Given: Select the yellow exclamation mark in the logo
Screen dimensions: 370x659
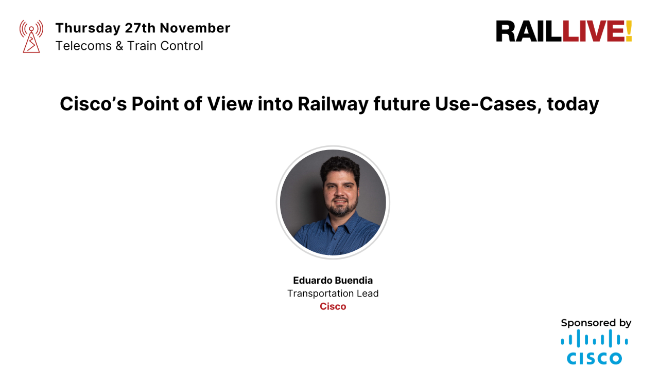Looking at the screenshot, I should (x=628, y=32).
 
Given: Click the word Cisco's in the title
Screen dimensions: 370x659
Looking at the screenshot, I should (x=93, y=104).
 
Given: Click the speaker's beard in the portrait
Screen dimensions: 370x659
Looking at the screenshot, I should (x=340, y=208).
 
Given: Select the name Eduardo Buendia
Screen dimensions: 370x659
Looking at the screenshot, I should (x=333, y=281).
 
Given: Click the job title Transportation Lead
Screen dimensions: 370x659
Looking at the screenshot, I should (x=333, y=293).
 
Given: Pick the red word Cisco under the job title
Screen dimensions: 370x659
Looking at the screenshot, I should (x=333, y=307).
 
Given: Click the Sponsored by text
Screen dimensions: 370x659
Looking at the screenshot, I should (x=596, y=323).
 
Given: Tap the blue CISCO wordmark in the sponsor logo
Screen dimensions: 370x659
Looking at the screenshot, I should (x=595, y=358).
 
